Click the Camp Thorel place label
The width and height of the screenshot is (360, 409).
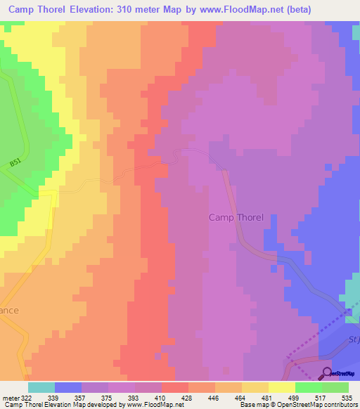[236, 217]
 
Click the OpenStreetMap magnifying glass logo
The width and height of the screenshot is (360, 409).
[327, 373]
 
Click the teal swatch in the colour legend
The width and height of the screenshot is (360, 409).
[41, 387]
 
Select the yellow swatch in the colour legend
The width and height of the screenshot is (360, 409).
[281, 387]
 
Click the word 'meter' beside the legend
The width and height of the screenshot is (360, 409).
[10, 397]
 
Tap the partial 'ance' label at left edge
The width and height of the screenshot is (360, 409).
[9, 310]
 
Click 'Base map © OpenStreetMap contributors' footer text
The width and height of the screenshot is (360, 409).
[297, 405]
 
